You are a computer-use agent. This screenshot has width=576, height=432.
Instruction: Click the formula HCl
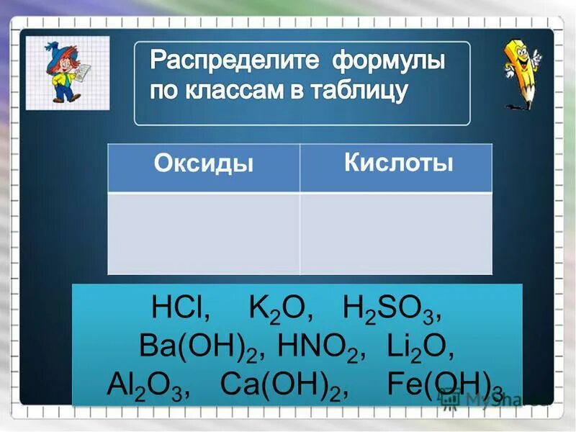pyautogui.click(x=180, y=310)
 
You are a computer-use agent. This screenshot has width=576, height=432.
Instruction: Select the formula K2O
pyautogui.click(x=280, y=310)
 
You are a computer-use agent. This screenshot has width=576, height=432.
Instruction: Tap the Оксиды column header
pyautogui.click(x=204, y=164)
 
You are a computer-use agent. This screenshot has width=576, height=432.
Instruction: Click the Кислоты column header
pyautogui.click(x=398, y=163)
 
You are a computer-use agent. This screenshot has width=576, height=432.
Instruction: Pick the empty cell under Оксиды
pyautogui.click(x=204, y=233)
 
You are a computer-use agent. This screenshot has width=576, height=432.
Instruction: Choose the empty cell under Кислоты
pyautogui.click(x=396, y=233)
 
